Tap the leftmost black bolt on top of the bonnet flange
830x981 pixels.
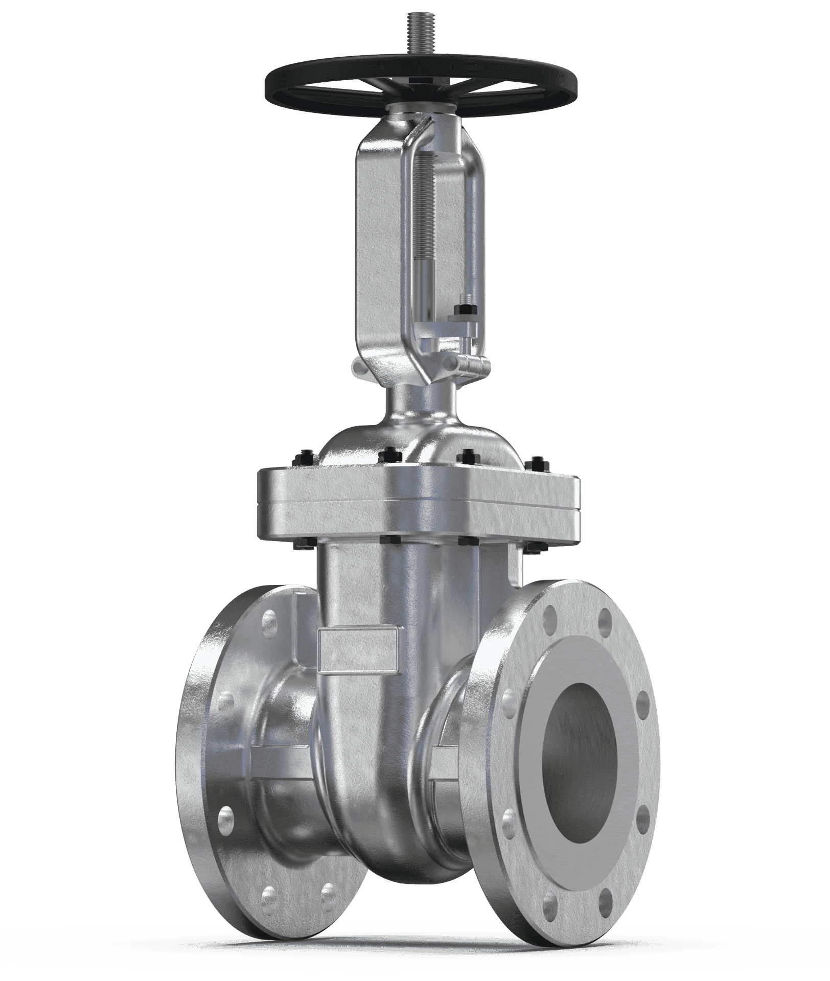coord(303,456)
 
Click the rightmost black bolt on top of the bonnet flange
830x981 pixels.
coord(540,462)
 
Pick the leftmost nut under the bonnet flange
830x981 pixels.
coord(301,546)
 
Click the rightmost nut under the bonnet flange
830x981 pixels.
coord(535,548)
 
